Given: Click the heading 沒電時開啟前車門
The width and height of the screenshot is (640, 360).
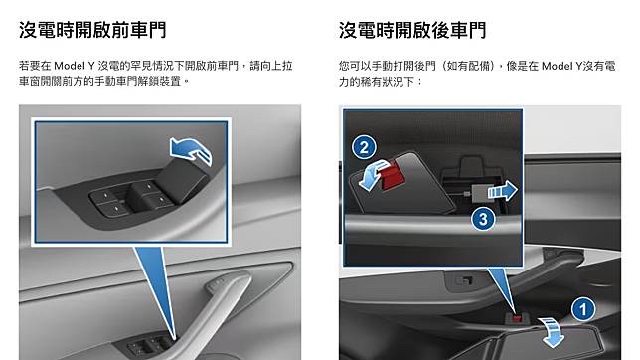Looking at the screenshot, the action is (x=92, y=30).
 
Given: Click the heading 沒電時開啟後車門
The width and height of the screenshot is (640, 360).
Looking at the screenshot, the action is (x=412, y=30).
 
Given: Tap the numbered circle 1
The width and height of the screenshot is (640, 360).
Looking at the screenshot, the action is (x=582, y=309).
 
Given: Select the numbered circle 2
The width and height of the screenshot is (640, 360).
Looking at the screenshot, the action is (x=364, y=147).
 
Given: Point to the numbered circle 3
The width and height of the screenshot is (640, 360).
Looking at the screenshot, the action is (x=483, y=219).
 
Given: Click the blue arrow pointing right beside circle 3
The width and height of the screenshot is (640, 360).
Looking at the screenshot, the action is (x=503, y=191).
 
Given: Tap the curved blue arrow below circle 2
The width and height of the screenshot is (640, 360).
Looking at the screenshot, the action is (x=372, y=174).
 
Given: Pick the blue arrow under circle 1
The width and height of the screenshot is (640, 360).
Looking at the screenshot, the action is (x=552, y=331).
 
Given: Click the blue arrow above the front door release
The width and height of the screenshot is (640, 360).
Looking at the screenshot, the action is (x=191, y=151).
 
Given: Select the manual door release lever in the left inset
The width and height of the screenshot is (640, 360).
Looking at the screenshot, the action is (x=183, y=179).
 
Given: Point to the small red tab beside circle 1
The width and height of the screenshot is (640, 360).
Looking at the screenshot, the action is (x=517, y=318).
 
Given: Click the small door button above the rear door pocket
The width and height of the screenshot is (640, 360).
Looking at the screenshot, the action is (x=464, y=281).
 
